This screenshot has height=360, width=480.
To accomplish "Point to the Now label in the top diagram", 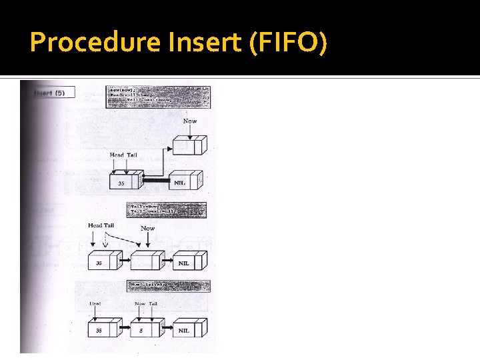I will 190,121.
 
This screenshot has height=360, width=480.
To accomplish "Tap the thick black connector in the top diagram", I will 158,180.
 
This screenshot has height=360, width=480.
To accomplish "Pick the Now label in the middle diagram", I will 147,229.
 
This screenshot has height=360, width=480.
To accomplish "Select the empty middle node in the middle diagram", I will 145,263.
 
